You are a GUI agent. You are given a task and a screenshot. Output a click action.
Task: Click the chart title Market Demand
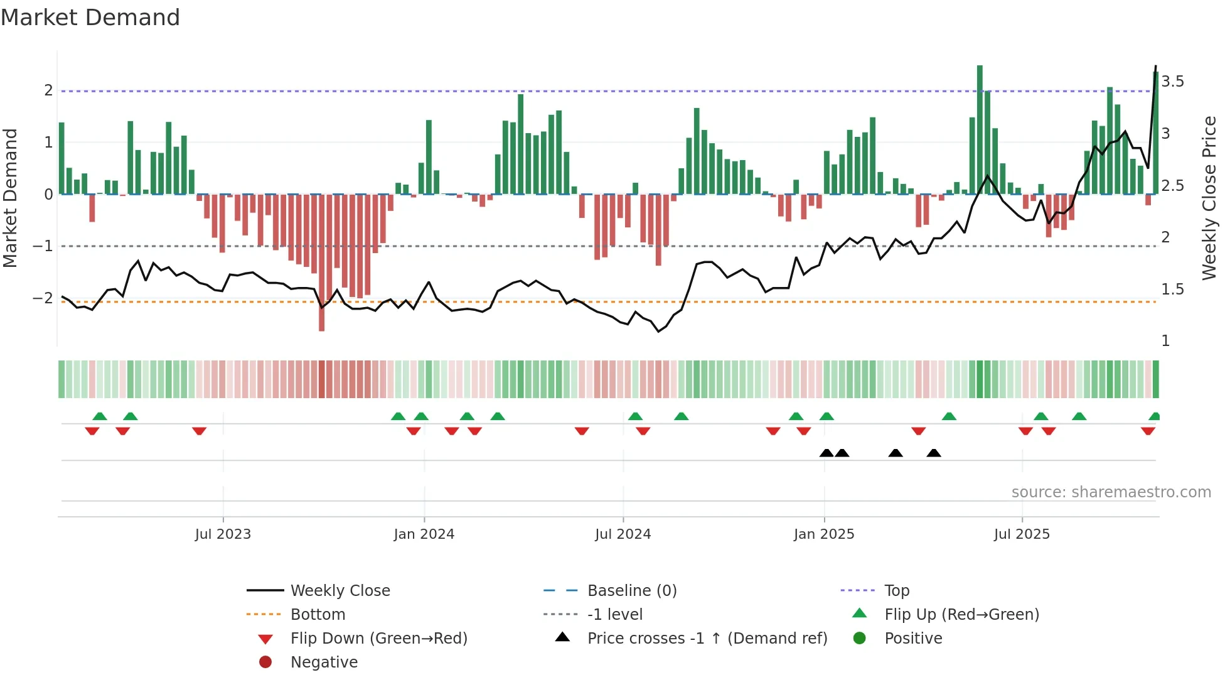pos(90,18)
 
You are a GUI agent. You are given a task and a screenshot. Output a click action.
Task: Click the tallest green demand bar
pos(980,129)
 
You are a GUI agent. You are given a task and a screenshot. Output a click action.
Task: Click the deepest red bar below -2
pos(322,264)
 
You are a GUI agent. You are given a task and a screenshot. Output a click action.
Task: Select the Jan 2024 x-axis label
pos(424,534)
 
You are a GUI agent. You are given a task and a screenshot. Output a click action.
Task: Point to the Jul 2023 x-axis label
pos(223,534)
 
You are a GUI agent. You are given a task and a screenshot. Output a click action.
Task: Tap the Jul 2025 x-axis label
pos(1022,534)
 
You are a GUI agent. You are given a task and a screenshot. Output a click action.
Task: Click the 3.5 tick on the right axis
pos(1172,82)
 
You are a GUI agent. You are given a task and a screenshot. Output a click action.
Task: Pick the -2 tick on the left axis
pos(43,298)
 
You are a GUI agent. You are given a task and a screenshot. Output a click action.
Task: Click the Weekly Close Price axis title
pos(1209,198)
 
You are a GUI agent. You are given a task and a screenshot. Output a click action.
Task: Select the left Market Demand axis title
pos(10,198)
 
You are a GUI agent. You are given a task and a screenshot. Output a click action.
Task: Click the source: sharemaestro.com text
pos(1111,492)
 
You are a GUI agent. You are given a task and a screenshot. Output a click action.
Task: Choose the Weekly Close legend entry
pos(340,591)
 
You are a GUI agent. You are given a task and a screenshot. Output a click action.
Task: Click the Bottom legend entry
pos(318,615)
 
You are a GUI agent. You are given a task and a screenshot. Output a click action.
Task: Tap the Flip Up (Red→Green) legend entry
pos(961,615)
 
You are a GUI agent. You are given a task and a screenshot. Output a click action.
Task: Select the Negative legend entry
pos(324,662)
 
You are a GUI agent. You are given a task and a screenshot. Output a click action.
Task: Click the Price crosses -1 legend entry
pos(707,639)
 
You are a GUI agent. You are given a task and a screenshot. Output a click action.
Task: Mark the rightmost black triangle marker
pos(934,453)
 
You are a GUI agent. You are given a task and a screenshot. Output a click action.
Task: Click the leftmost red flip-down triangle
pos(92,431)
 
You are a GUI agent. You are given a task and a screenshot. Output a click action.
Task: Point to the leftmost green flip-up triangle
pos(100,416)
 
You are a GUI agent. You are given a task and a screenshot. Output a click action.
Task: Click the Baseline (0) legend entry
pos(631,591)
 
